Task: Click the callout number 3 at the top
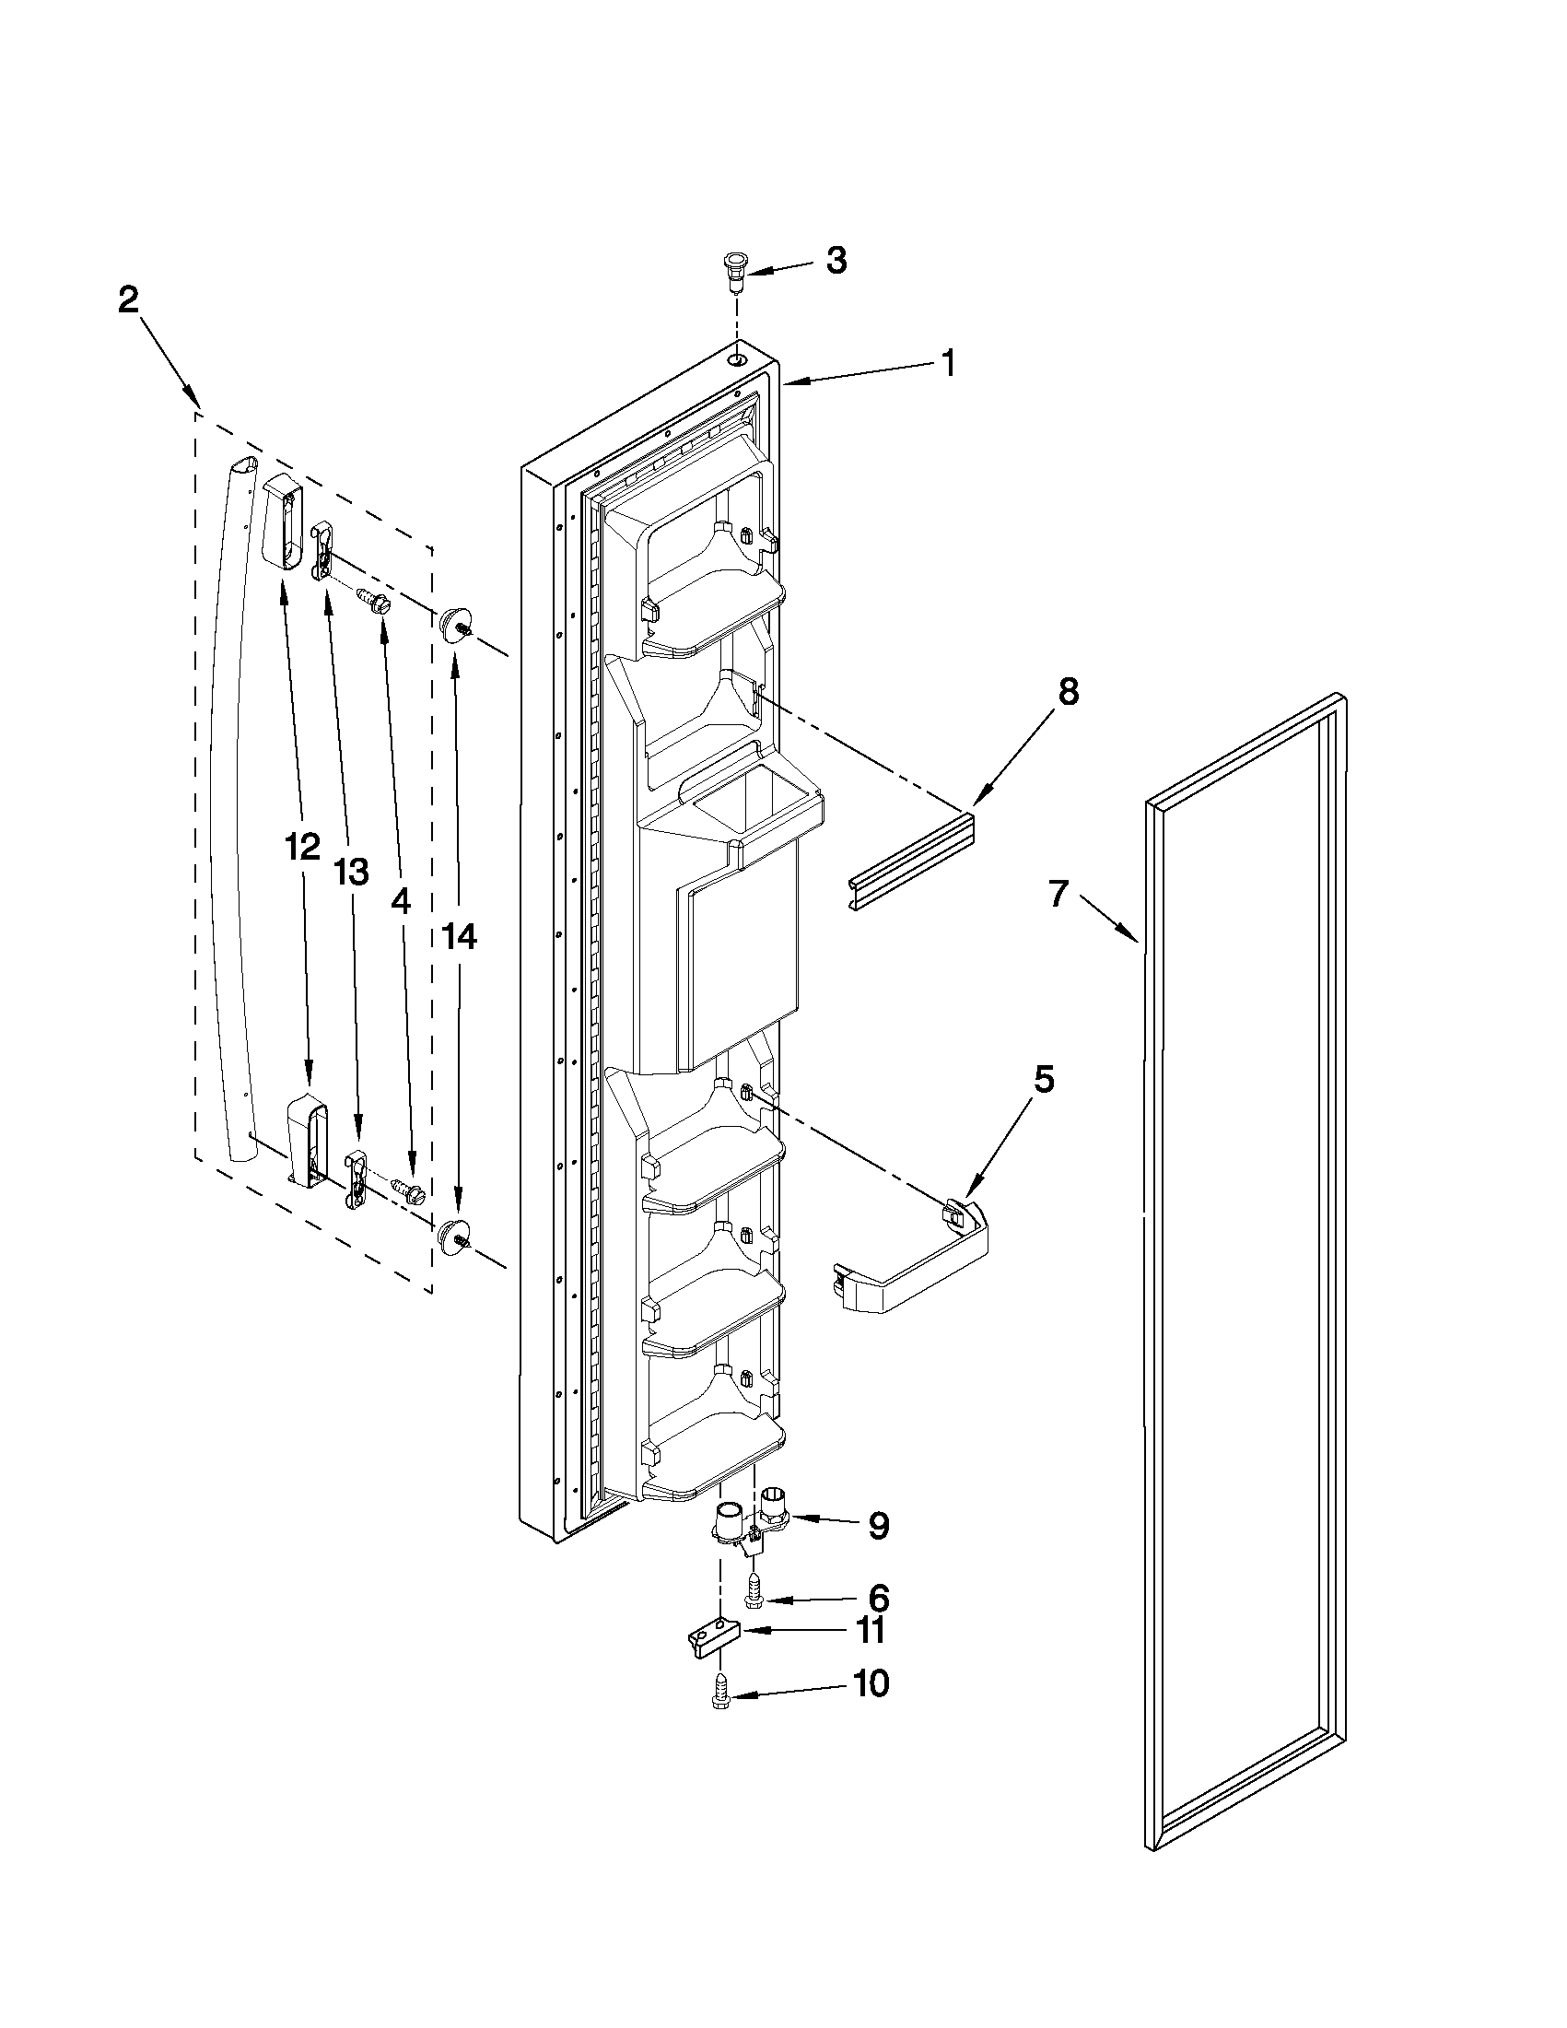[x=836, y=261]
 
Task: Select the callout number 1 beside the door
[x=947, y=363]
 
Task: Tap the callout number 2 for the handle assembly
[x=128, y=300]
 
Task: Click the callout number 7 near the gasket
[x=1059, y=893]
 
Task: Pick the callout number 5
[x=1044, y=1079]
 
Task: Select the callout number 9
[x=878, y=1526]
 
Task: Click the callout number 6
[x=878, y=1598]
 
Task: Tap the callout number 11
[x=871, y=1631]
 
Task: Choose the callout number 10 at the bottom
[x=871, y=1683]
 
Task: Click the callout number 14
[x=459, y=938]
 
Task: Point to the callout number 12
[x=303, y=847]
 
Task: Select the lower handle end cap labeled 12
[x=304, y=1140]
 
